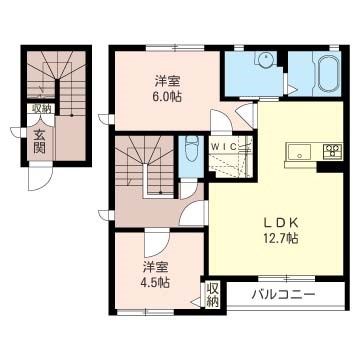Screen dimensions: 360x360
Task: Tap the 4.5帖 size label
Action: (154, 282)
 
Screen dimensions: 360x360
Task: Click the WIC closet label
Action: (224, 145)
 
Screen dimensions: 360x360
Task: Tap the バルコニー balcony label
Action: (283, 295)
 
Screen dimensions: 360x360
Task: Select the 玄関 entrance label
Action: (40, 140)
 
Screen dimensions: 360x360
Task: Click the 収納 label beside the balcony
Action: (213, 295)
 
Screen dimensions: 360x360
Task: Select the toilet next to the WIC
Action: (191, 152)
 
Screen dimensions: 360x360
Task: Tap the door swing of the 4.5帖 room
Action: (155, 243)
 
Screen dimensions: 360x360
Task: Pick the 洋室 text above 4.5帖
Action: (154, 266)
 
